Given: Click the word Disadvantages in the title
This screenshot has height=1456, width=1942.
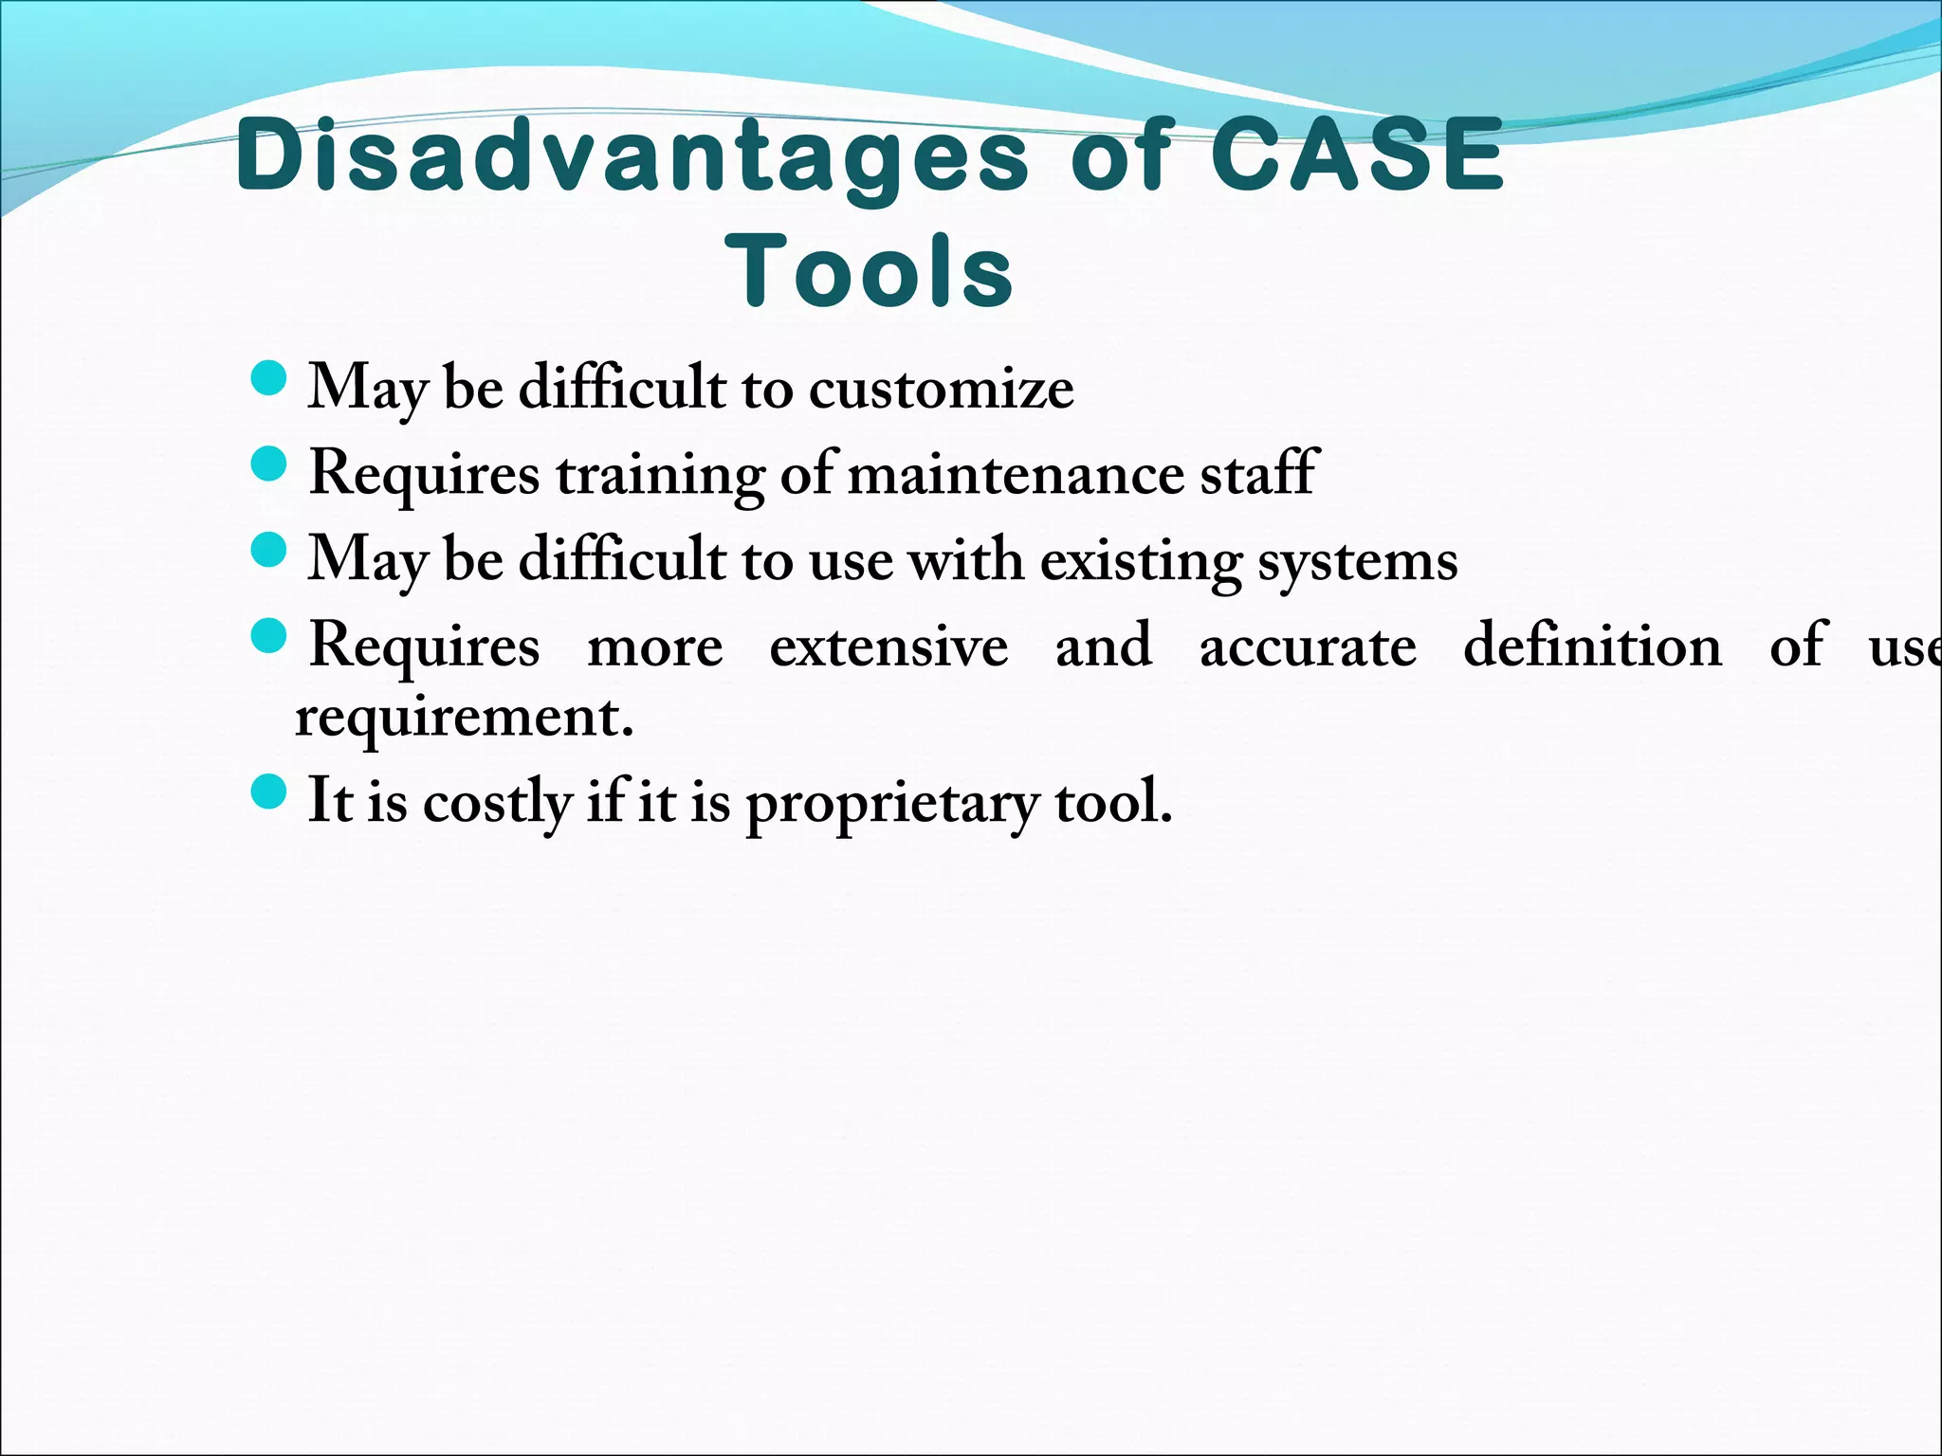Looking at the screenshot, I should [x=632, y=156].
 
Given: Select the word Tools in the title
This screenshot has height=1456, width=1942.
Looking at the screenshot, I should [x=870, y=272].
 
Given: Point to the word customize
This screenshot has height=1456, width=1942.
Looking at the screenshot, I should [x=941, y=390].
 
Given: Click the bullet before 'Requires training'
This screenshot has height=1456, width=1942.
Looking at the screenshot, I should [x=269, y=464].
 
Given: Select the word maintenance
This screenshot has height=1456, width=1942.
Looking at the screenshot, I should [x=1015, y=475].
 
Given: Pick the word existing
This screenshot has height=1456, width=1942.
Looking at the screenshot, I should [x=1141, y=561].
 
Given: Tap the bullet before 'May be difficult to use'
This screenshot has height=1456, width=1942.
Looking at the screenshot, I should [x=269, y=550].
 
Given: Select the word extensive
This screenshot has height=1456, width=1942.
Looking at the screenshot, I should [x=889, y=647].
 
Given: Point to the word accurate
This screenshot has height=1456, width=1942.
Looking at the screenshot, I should [x=1308, y=648].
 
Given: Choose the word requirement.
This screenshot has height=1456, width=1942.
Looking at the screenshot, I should [x=463, y=718].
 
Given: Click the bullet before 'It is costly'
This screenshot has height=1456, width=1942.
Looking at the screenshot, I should [x=269, y=792].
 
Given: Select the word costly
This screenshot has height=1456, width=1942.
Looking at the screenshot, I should [x=496, y=803].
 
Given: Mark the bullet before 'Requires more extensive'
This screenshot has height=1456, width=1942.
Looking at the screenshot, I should [x=269, y=636].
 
